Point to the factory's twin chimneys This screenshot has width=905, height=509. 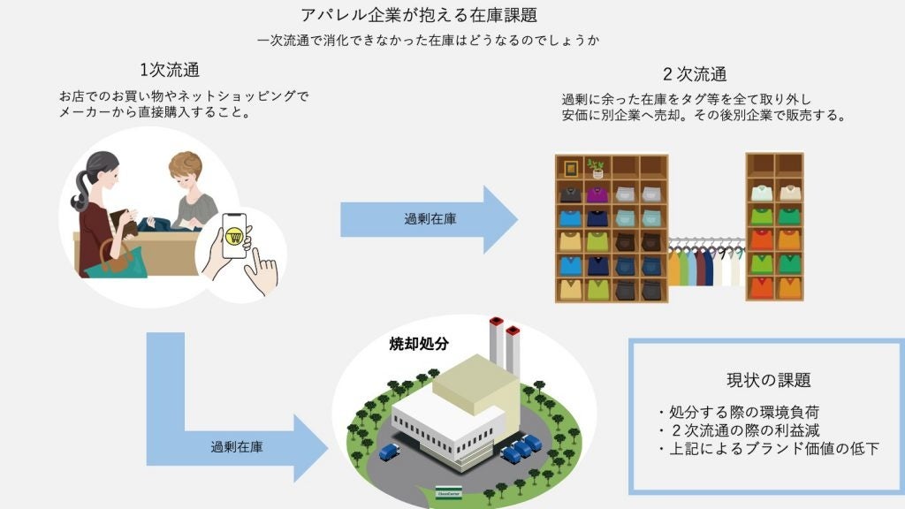pos(504,340)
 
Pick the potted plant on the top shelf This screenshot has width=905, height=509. pos(597,167)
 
